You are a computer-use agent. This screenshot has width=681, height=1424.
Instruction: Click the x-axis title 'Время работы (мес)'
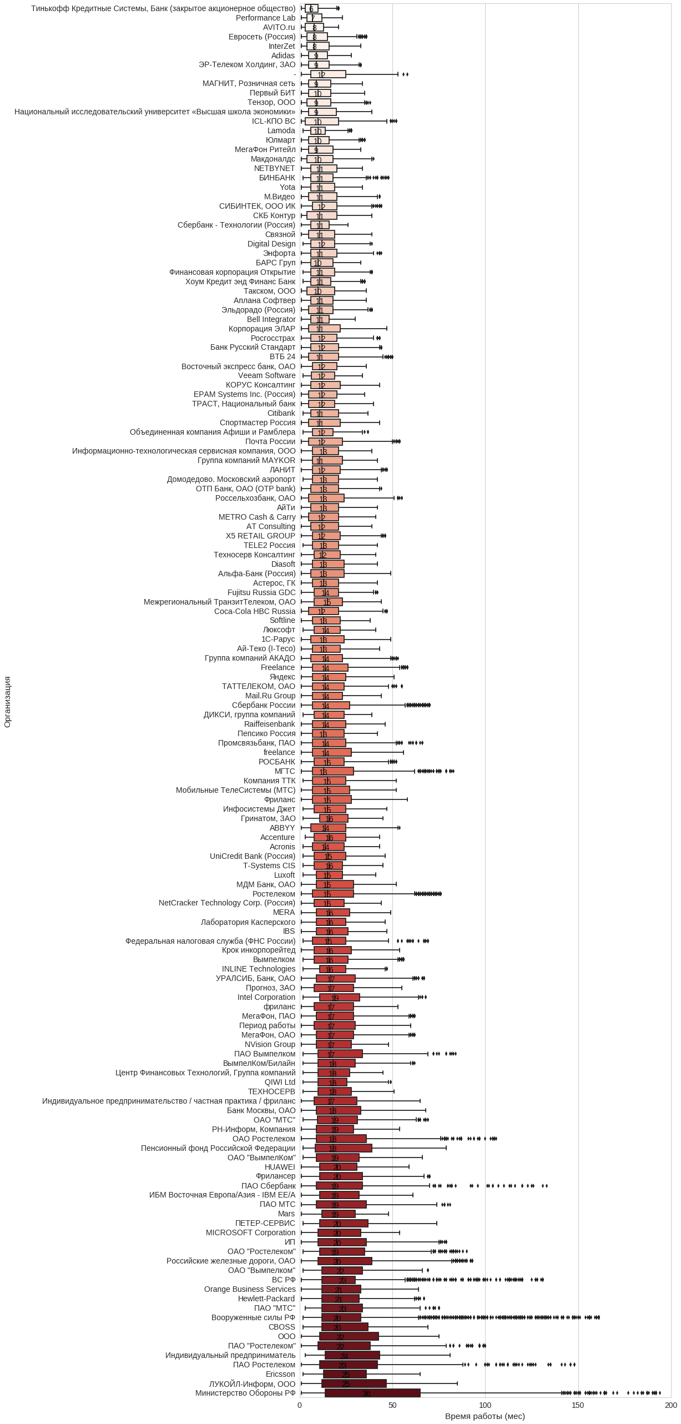click(x=485, y=1416)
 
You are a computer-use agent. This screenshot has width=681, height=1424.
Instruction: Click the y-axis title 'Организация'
click(x=7, y=702)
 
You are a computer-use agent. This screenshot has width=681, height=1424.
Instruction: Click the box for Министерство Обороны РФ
click(x=372, y=1393)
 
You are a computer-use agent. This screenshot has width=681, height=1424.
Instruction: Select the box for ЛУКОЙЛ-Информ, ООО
click(x=354, y=1383)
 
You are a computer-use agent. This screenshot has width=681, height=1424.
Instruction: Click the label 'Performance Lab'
click(x=265, y=18)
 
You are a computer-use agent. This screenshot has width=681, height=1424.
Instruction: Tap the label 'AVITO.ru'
click(x=279, y=27)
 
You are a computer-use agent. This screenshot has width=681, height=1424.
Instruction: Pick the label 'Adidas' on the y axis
click(x=283, y=56)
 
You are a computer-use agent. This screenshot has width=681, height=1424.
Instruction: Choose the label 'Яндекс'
click(x=282, y=677)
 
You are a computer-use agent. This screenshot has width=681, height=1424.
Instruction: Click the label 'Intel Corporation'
click(x=266, y=997)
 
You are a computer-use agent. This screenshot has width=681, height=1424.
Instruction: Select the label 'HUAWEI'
click(x=280, y=1167)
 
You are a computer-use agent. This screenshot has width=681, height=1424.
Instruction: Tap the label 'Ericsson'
click(x=280, y=1374)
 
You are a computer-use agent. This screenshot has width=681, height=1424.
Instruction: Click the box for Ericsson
click(x=345, y=1374)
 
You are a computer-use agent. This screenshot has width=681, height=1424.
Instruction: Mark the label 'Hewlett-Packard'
click(x=266, y=1299)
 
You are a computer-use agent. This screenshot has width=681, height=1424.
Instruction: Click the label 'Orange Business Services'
click(x=250, y=1289)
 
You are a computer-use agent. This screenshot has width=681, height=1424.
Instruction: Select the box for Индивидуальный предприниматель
click(x=352, y=1355)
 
